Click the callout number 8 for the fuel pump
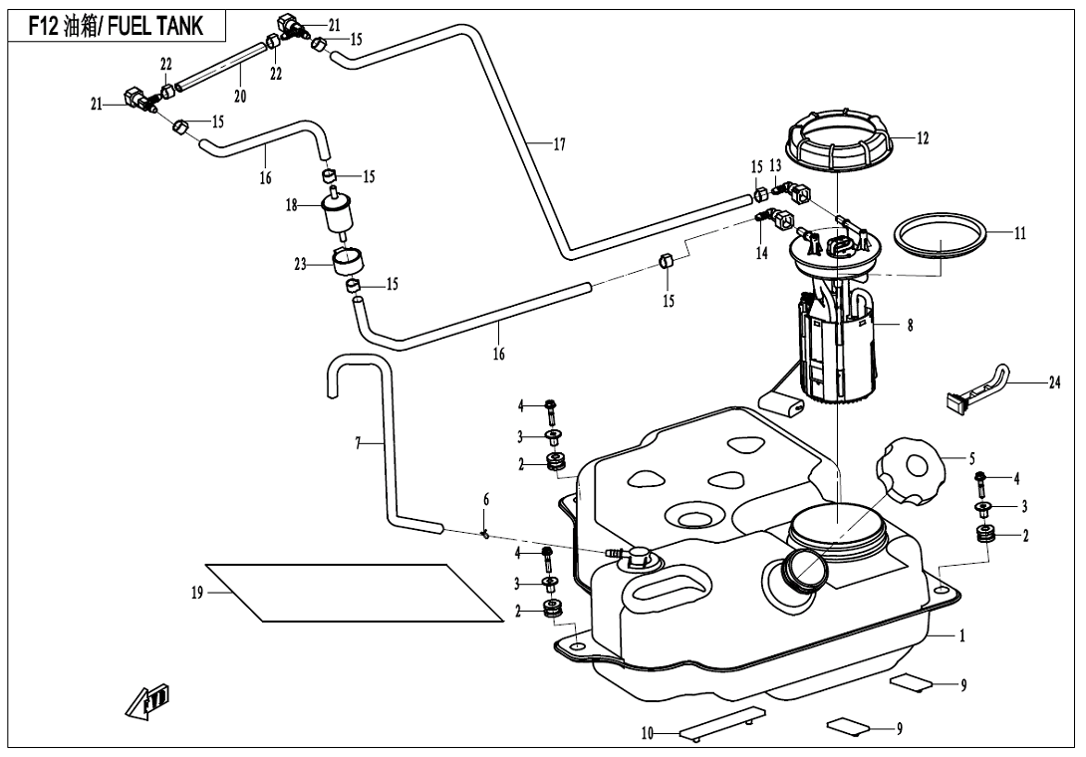click(x=910, y=324)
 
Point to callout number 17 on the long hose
click(x=559, y=144)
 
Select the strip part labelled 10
click(x=722, y=724)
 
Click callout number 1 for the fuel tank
click(x=962, y=633)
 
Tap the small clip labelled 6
click(x=485, y=533)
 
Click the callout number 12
click(x=923, y=138)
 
